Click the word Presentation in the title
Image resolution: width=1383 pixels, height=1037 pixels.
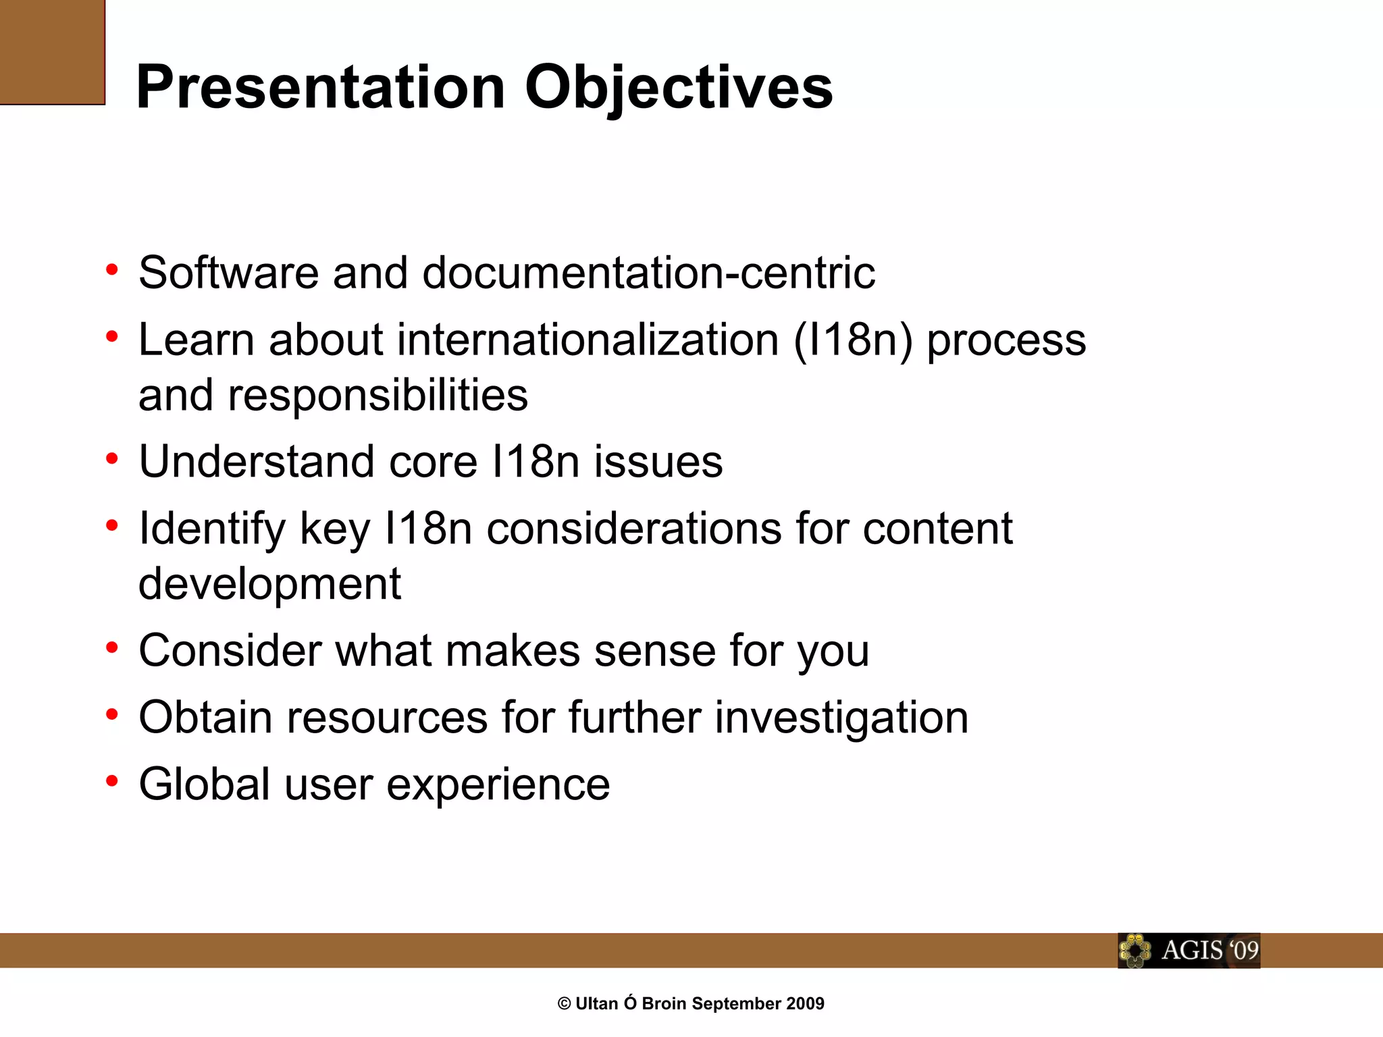click(321, 88)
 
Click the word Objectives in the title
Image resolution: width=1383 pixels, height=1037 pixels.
click(679, 88)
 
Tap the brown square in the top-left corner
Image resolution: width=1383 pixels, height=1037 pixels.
click(52, 52)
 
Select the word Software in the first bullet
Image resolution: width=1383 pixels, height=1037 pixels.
click(228, 273)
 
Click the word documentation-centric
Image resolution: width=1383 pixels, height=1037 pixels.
click(648, 273)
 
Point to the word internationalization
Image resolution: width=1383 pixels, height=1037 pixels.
click(588, 340)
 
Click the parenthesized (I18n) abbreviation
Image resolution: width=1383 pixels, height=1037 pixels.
click(853, 340)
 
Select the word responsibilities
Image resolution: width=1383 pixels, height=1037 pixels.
click(377, 395)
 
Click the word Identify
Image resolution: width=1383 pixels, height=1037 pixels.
click(212, 529)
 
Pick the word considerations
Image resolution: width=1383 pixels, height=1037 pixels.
click(633, 529)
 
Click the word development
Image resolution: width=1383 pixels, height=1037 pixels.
click(269, 584)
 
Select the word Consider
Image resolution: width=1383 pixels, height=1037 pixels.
click(230, 651)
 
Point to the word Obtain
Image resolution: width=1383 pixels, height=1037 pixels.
click(205, 717)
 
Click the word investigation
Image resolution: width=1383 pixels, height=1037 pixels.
click(841, 717)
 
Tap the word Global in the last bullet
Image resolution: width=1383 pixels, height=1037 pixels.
click(205, 784)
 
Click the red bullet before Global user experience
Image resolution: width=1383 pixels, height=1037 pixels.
click(112, 781)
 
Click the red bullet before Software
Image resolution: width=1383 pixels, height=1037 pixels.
click(112, 270)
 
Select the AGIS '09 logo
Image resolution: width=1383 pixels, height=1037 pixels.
click(1189, 951)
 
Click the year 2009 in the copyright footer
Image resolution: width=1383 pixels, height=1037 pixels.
click(805, 1004)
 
